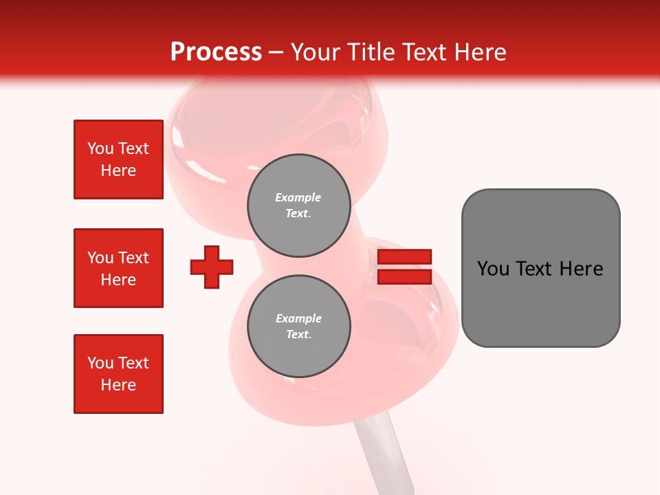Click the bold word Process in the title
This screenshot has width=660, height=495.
coord(216,52)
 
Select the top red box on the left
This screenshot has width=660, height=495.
coord(118,159)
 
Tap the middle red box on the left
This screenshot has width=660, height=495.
coord(118,268)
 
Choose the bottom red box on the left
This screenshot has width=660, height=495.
coord(118,374)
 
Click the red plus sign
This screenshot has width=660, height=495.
coord(212,267)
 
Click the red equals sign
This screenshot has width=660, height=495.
coord(404,267)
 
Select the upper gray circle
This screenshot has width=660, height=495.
coord(299,206)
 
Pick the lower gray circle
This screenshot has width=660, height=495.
coord(299,327)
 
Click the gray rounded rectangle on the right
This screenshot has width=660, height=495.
coord(540,268)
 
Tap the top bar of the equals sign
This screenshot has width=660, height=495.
coord(404,256)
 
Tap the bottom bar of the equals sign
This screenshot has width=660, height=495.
coord(404,276)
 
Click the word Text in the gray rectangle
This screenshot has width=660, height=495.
coord(535,269)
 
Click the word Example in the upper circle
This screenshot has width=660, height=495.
coord(298,197)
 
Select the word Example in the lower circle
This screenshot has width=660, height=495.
coord(298,318)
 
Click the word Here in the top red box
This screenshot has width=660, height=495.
coord(118,170)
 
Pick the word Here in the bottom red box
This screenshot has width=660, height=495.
coord(118,385)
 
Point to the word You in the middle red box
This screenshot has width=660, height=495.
coord(100,258)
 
